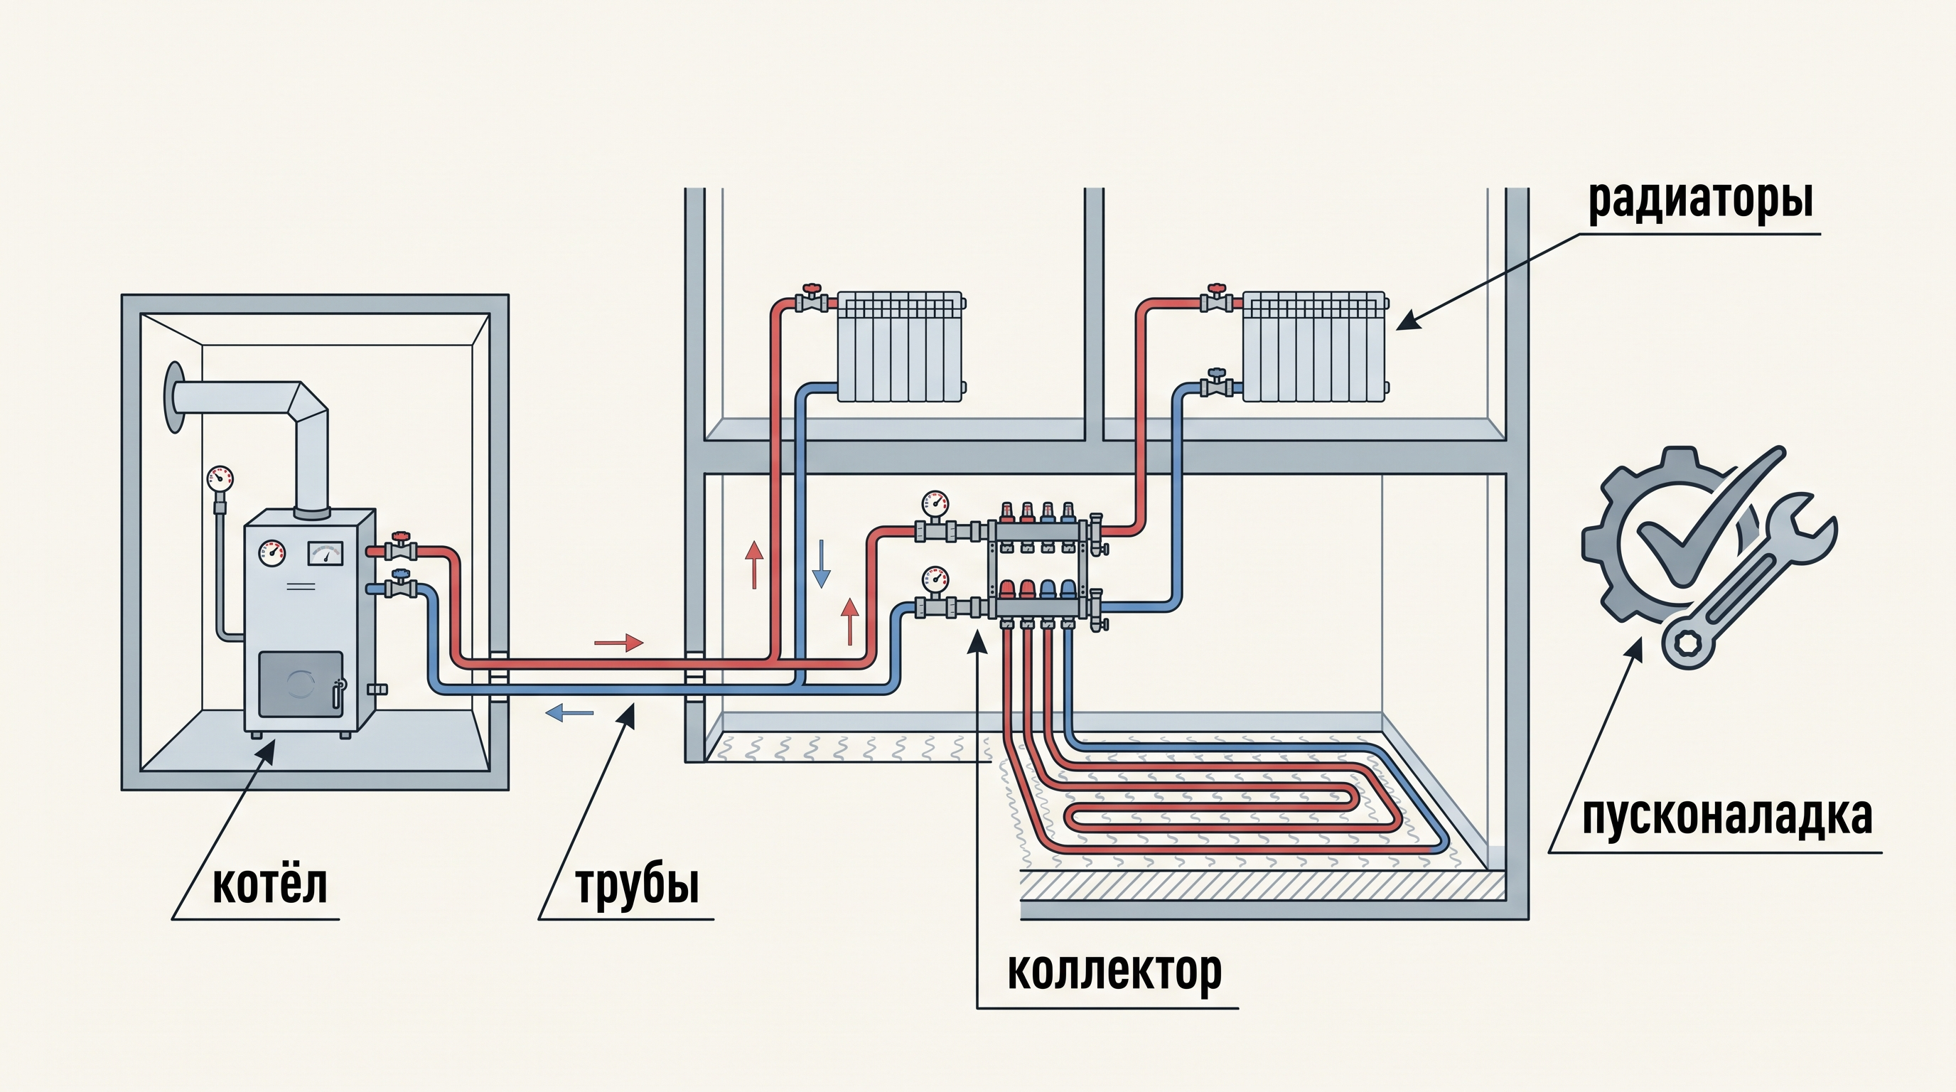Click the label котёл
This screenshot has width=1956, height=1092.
269,884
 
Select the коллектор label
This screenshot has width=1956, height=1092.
1114,972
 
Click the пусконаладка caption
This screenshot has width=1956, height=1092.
1726,817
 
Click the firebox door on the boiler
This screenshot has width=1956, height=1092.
301,683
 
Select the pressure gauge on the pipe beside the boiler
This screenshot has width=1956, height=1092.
220,478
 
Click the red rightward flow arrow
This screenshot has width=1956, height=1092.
619,643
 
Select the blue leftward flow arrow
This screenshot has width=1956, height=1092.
569,712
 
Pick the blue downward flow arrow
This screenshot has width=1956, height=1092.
821,564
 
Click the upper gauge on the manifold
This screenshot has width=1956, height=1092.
935,504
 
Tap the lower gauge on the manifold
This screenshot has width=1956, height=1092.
935,580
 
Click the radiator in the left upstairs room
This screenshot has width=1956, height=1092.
901,346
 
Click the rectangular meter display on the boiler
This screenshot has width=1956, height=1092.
325,554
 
